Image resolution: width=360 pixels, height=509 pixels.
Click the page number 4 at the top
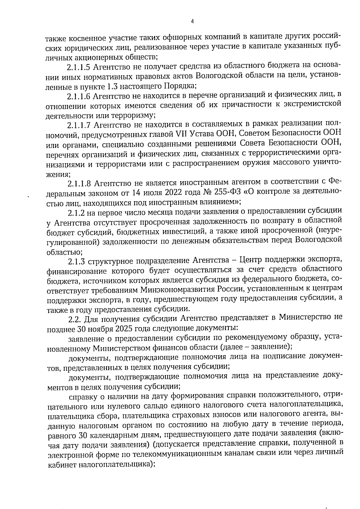click(192, 21)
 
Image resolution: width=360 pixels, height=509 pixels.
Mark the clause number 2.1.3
click(75, 262)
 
